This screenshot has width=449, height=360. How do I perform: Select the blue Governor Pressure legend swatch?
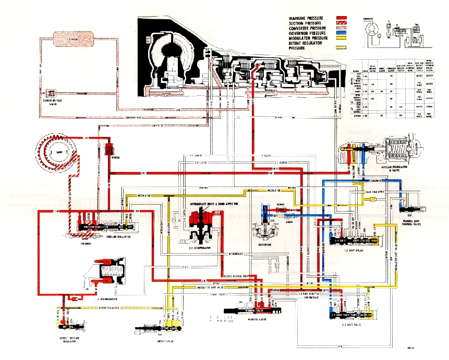click(x=342, y=33)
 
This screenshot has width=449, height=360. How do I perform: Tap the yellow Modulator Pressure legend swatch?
click(x=342, y=38)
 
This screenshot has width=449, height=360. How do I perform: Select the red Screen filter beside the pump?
click(x=110, y=148)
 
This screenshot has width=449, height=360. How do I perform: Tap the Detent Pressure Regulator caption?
click(x=66, y=339)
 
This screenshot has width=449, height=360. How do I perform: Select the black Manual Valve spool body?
click(x=242, y=311)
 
